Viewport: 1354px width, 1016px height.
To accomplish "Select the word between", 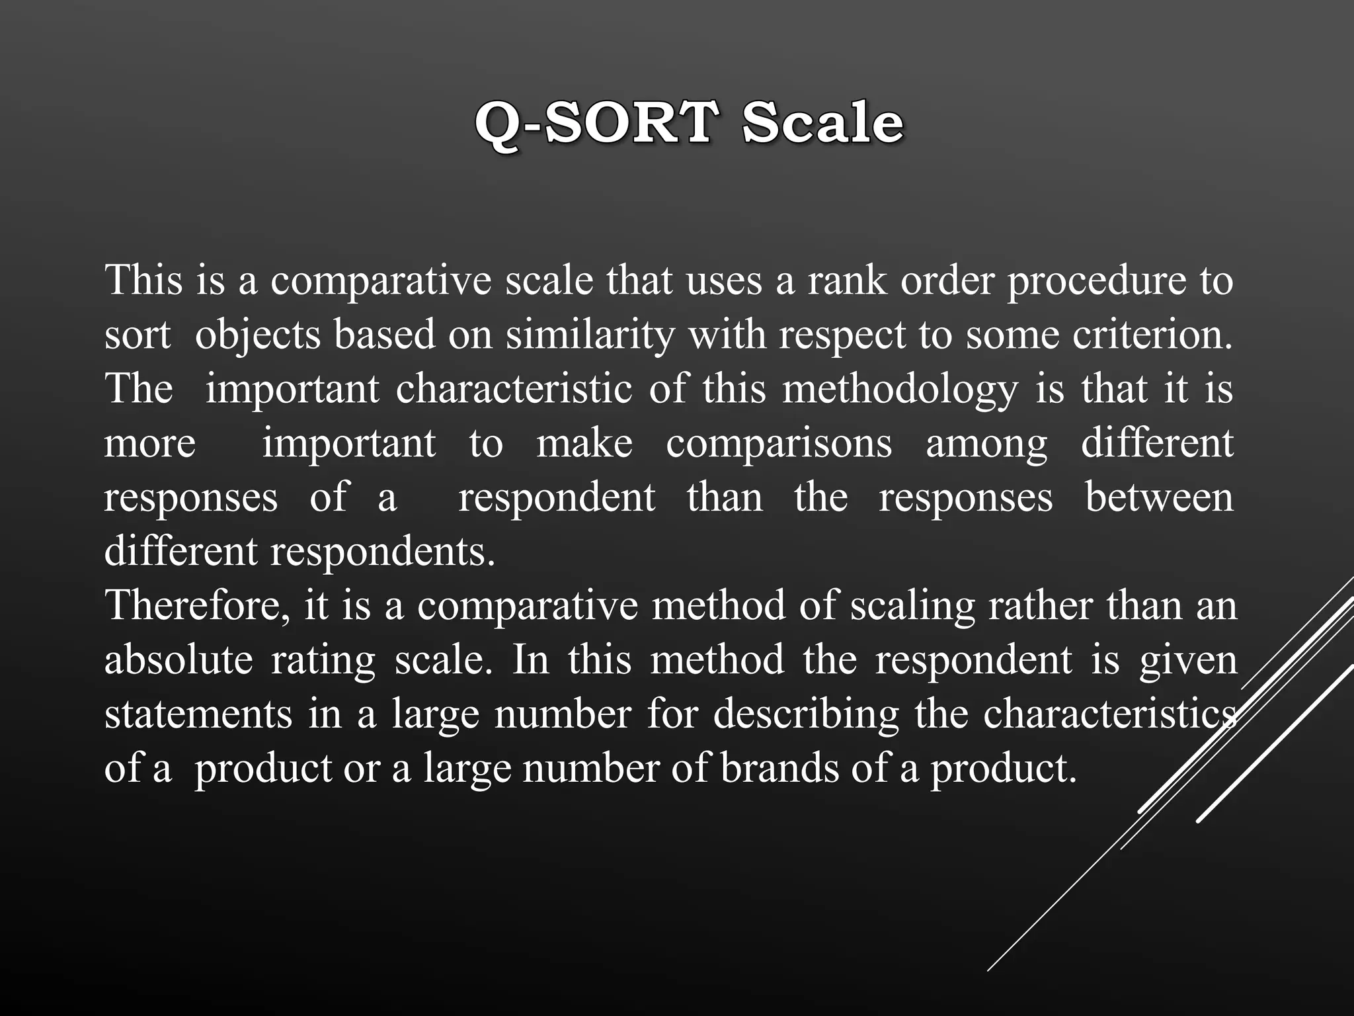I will click(x=1159, y=497).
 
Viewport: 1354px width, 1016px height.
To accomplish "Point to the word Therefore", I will click(x=197, y=606).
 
